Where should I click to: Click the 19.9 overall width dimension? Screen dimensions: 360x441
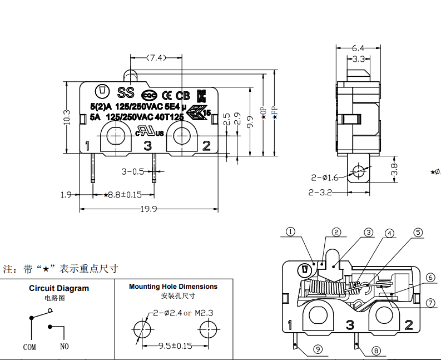click(x=148, y=209)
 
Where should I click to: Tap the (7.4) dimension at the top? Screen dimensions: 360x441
click(x=156, y=57)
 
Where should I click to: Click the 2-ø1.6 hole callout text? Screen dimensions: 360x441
click(x=325, y=177)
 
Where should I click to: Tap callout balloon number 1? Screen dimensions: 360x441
click(x=291, y=233)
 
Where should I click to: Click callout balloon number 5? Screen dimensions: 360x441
click(x=418, y=233)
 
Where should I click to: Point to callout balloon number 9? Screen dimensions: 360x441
click(x=318, y=349)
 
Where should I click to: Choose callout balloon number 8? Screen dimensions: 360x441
click(x=375, y=351)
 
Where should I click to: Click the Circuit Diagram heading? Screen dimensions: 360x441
click(x=58, y=288)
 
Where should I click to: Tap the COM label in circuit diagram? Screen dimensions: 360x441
click(x=29, y=347)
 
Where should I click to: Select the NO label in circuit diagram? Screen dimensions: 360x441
click(x=65, y=347)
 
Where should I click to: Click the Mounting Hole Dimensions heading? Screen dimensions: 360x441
click(x=173, y=287)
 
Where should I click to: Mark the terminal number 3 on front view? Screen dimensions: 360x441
click(x=148, y=146)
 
